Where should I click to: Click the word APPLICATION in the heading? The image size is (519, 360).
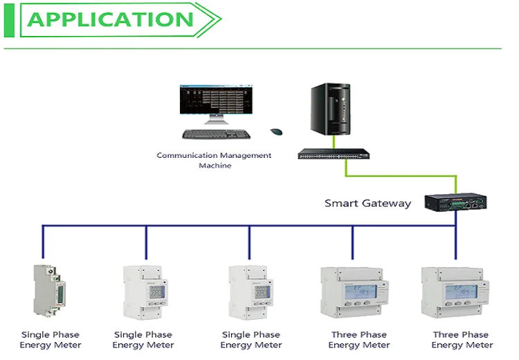[111, 19]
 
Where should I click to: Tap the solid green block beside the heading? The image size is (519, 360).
[9, 19]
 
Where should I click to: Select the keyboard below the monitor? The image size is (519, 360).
[217, 134]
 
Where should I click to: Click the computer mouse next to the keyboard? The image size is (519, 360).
[277, 132]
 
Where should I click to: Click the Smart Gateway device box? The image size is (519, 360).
[454, 202]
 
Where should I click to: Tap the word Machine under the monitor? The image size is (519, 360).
[215, 166]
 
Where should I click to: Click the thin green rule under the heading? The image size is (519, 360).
[253, 48]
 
